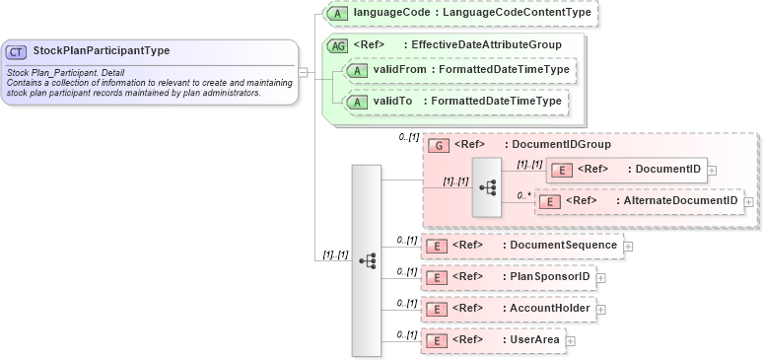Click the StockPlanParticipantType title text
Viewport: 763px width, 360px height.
click(x=101, y=51)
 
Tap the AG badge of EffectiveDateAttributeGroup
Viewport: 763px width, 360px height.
click(x=337, y=44)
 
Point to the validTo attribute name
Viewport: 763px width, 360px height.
click(x=392, y=101)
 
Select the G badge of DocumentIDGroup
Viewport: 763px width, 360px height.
click(x=439, y=145)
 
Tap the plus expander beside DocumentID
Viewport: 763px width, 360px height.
click(x=712, y=170)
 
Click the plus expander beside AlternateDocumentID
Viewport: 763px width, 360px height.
click(x=749, y=201)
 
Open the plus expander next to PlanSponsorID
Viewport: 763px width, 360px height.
click(x=601, y=277)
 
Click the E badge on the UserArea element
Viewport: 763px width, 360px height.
click(x=438, y=340)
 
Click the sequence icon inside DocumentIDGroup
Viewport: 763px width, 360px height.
click(x=486, y=185)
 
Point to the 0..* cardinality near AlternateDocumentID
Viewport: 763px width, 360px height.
click(x=524, y=195)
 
